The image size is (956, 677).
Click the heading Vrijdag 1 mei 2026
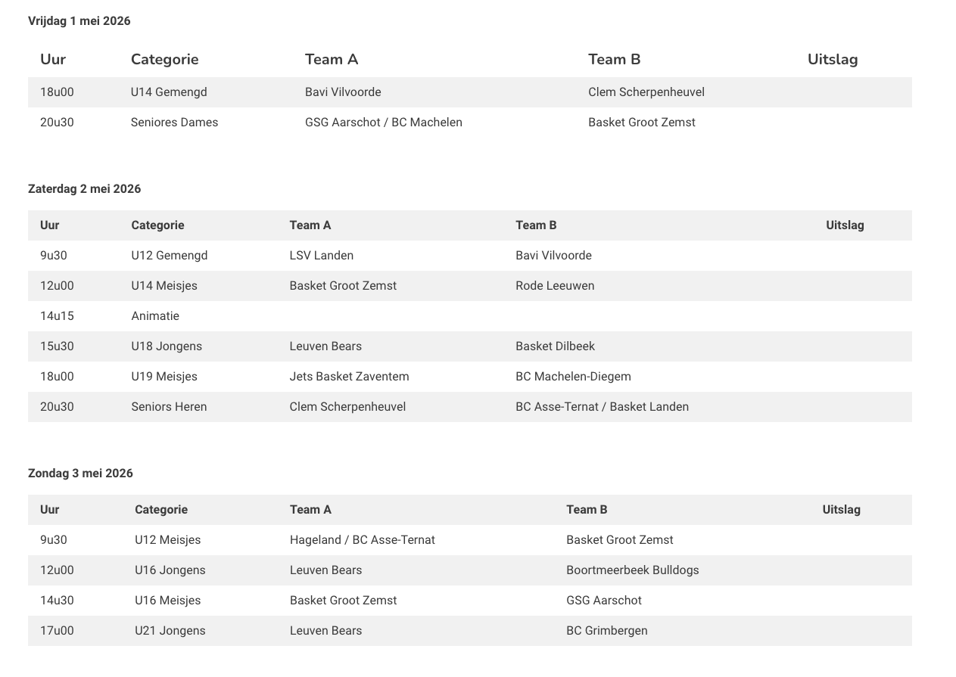(79, 21)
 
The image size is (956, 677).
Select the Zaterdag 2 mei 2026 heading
(85, 189)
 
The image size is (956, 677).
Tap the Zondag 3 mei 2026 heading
(80, 474)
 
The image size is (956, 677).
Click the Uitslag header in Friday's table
(832, 60)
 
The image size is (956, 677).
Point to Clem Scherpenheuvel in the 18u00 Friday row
(646, 92)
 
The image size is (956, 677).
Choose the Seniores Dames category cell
(174, 123)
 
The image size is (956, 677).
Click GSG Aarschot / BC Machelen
(383, 123)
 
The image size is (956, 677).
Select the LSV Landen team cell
(321, 256)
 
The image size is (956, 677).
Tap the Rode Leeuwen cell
(554, 286)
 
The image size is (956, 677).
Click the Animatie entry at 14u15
(155, 316)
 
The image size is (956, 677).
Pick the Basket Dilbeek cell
(555, 346)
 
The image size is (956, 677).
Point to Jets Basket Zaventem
(349, 377)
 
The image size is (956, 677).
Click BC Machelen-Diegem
(573, 377)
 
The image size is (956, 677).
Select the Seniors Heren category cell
(169, 407)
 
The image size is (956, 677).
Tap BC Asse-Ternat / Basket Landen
(602, 407)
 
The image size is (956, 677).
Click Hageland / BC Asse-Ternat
(362, 540)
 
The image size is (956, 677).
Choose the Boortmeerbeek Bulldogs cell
(632, 570)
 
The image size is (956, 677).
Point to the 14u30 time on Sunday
(57, 601)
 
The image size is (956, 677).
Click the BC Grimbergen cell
(606, 631)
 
